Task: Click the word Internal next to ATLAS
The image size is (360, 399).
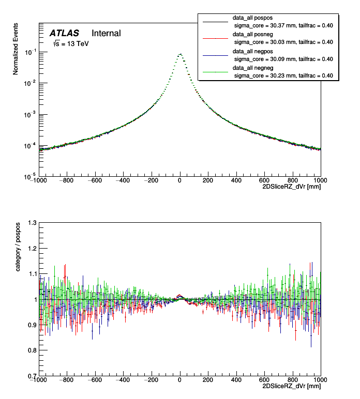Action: tap(106, 33)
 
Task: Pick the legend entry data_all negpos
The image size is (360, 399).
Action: tap(254, 52)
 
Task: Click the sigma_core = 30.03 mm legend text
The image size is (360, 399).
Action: tap(283, 42)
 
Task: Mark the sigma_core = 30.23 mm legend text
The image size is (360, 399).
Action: tap(283, 75)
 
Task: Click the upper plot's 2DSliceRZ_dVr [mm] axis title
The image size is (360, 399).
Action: tap(292, 188)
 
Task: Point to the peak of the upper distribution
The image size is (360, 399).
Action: tap(180, 54)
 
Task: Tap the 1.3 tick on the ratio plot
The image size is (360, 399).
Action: tap(32, 223)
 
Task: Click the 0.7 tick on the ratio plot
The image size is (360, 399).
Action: tap(32, 376)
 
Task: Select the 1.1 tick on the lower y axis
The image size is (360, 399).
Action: tap(32, 274)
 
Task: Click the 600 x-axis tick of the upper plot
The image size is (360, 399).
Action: tap(264, 181)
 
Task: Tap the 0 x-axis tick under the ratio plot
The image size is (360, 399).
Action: tap(180, 380)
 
